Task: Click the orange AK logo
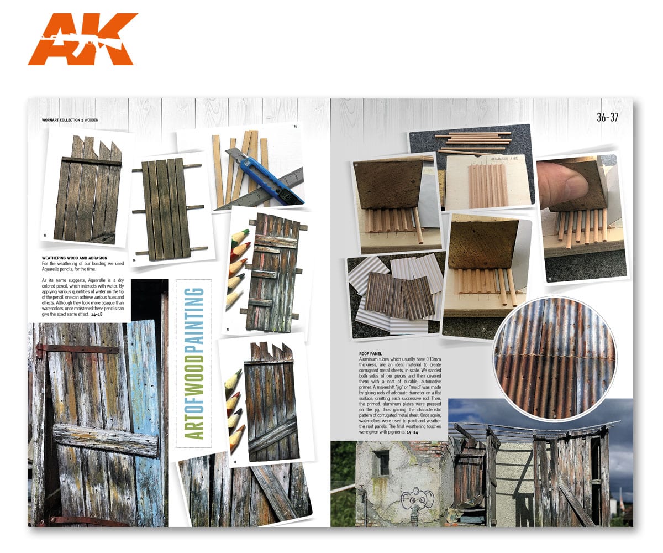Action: click(x=82, y=39)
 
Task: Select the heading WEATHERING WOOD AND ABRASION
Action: click(x=75, y=258)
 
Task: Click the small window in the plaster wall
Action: click(x=381, y=463)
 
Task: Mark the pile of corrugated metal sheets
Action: click(x=395, y=293)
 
